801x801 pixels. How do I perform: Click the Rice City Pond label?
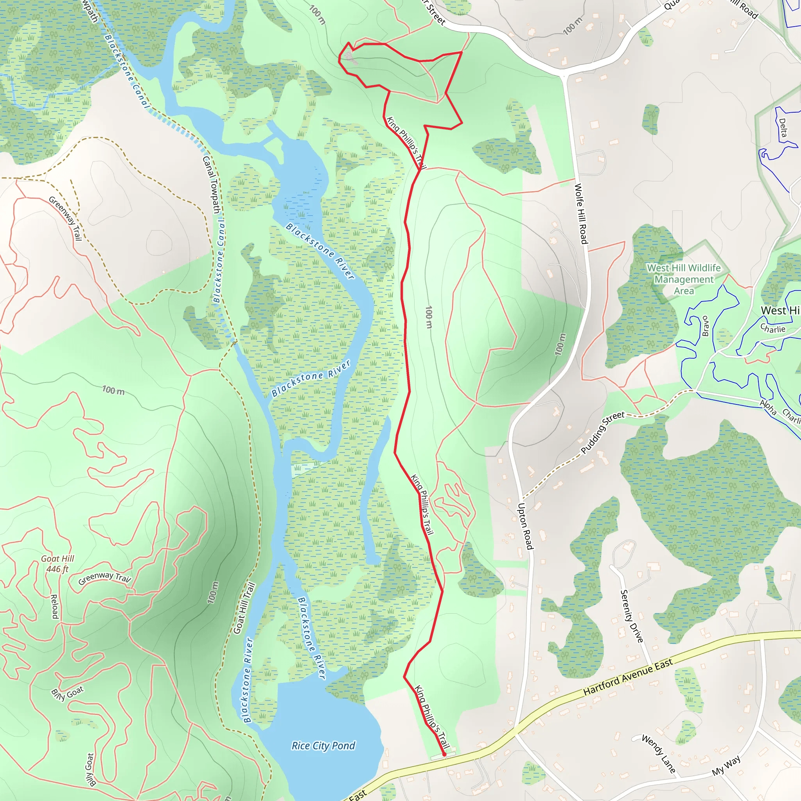point(323,745)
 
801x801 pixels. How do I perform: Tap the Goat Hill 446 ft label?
point(57,564)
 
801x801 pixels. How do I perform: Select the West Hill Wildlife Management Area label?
point(684,279)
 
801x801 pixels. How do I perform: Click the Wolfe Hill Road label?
point(581,214)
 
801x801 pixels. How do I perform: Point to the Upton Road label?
point(524,526)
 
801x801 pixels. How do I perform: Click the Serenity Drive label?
point(631,616)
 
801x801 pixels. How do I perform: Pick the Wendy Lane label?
point(658,753)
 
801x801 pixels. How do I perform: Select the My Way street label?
point(726,765)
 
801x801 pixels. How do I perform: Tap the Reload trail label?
point(54,606)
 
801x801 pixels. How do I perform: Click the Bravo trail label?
point(705,326)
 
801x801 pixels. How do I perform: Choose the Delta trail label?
point(782,128)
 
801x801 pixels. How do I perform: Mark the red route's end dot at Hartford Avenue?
point(444,754)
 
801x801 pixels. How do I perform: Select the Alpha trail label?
point(768,407)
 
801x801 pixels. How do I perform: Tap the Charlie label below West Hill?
point(773,329)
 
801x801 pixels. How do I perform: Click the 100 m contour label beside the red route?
point(429,317)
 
